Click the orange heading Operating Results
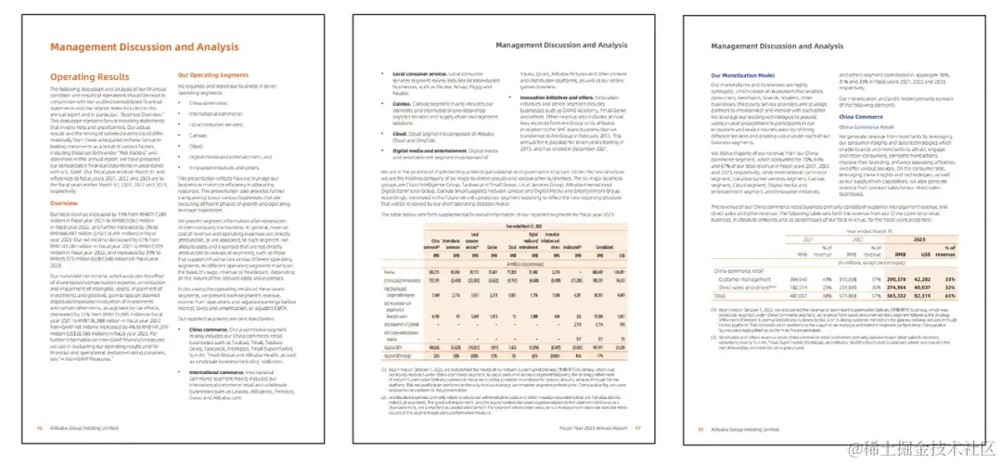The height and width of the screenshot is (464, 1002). pos(90,78)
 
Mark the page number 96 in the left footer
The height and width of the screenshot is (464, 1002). pos(39,429)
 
